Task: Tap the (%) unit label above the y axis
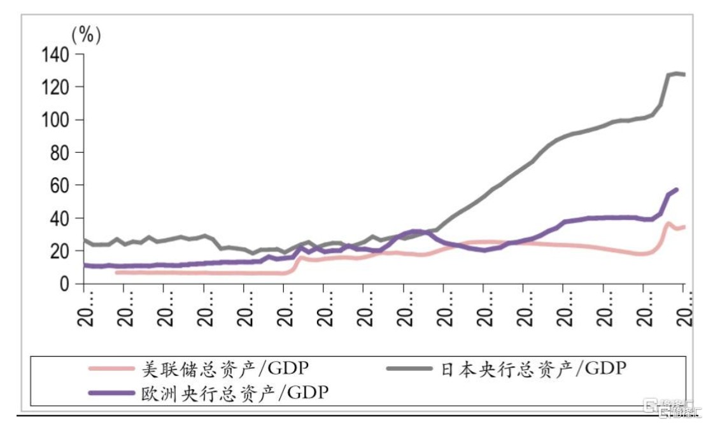86,35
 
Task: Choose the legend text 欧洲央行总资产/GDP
235,392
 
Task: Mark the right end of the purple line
676,189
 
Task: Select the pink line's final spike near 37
668,223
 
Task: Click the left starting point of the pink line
116,272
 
